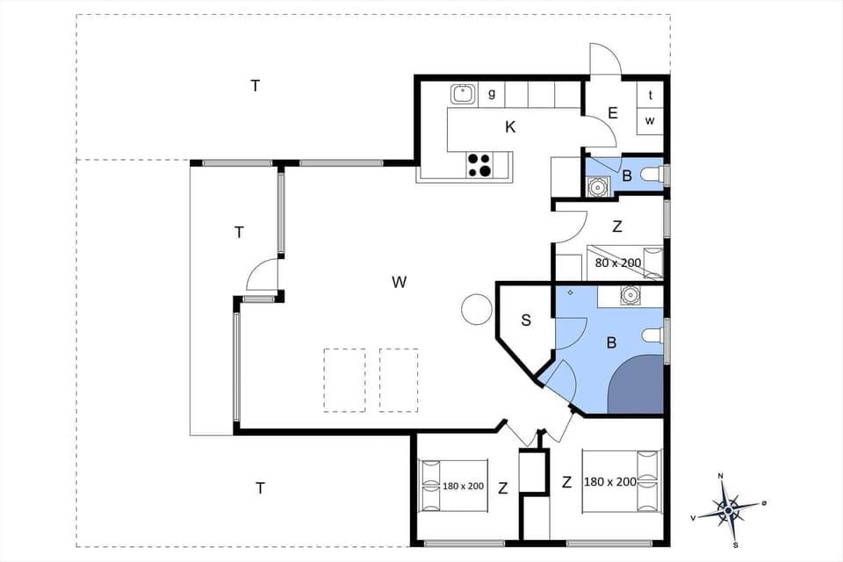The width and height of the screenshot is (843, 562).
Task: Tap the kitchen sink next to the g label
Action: tap(463, 93)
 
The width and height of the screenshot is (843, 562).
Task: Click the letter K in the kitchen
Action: tap(510, 127)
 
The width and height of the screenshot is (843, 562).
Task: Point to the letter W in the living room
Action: tap(400, 282)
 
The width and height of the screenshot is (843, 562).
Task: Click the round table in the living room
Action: tap(477, 309)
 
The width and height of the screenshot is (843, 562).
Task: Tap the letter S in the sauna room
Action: tap(526, 321)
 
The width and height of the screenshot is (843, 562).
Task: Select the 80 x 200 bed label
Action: tap(618, 263)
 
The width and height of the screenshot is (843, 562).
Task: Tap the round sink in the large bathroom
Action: tap(630, 295)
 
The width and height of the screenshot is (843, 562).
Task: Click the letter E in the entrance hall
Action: tap(612, 112)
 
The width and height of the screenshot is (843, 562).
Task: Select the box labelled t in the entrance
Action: tap(650, 96)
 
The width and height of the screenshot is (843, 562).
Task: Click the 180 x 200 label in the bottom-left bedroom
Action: tap(463, 486)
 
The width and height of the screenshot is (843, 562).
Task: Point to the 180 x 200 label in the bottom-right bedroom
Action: tap(609, 482)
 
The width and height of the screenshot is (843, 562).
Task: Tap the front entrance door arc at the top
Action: tap(604, 59)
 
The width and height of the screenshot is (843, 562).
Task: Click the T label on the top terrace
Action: tap(256, 85)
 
